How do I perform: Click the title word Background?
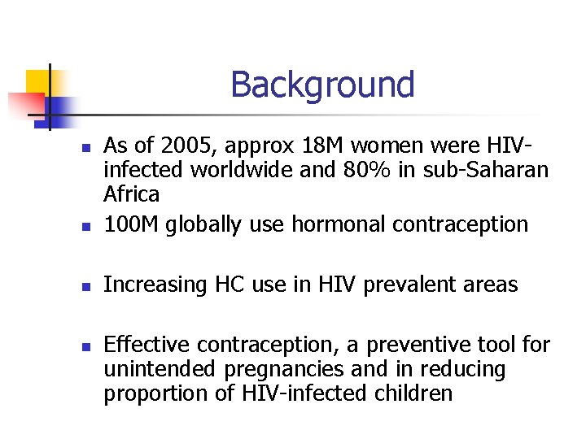click(322, 85)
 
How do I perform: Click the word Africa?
click(132, 194)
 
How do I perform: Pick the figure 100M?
click(132, 224)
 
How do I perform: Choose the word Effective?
click(149, 346)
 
